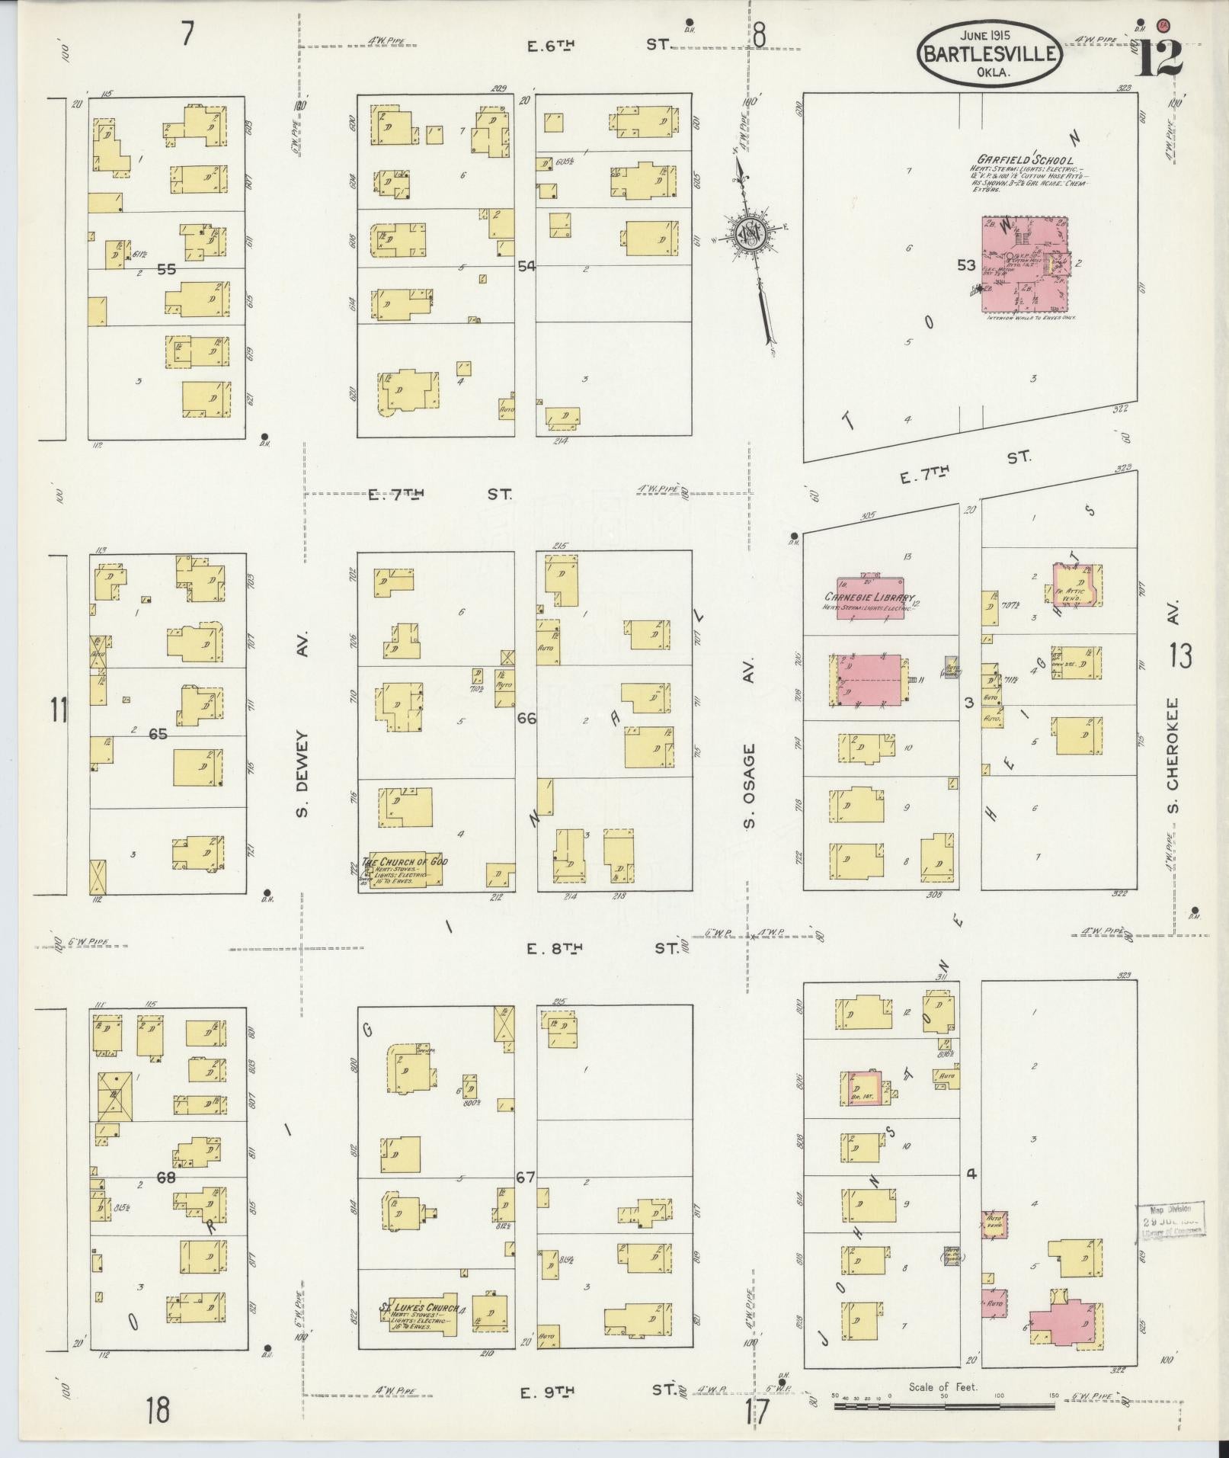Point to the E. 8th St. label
(602, 948)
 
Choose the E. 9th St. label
(598, 1392)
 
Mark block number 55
(166, 269)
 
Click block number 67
(526, 1178)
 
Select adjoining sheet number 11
(59, 710)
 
